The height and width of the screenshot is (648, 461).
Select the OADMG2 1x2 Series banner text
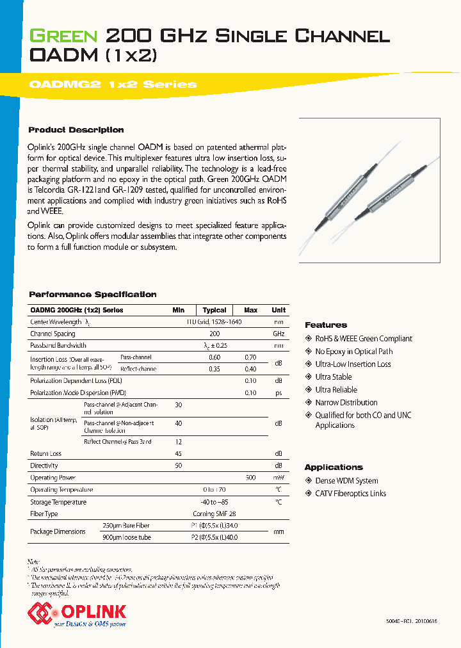coord(113,85)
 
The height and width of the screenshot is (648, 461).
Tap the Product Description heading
coord(76,130)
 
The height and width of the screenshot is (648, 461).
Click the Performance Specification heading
coord(92,295)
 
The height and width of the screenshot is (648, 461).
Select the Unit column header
coord(279,310)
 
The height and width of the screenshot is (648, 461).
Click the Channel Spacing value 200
coord(214,334)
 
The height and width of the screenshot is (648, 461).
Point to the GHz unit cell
coord(279,334)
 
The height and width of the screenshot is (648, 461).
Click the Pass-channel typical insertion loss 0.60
coord(214,357)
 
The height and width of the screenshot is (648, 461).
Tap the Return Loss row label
coord(45,454)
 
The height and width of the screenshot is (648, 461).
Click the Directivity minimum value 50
coord(178,466)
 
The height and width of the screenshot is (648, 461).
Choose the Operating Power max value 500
coord(250,478)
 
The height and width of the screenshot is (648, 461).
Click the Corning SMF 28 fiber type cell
coord(214,514)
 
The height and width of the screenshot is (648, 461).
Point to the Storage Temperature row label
coord(58,502)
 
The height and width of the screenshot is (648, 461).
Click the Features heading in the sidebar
coord(325,325)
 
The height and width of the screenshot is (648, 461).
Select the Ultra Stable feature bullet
coord(333,377)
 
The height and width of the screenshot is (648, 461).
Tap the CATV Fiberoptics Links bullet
coord(350,494)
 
